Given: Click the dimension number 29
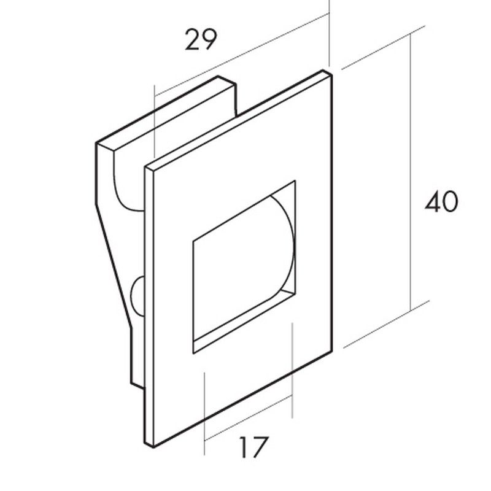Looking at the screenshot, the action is [201, 39].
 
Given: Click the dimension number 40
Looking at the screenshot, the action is [441, 201].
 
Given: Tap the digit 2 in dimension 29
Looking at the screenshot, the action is [192, 39].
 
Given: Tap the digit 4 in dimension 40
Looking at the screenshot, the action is [433, 201].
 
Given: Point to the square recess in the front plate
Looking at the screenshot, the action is [244, 267].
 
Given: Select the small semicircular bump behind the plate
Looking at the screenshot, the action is [137, 296].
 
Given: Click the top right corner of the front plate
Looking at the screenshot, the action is [332, 75].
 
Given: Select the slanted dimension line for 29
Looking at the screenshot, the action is [242, 54].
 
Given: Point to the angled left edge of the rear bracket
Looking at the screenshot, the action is [114, 265].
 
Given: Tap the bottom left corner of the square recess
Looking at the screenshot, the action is [193, 354].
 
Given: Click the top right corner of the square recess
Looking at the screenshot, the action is [295, 180].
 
